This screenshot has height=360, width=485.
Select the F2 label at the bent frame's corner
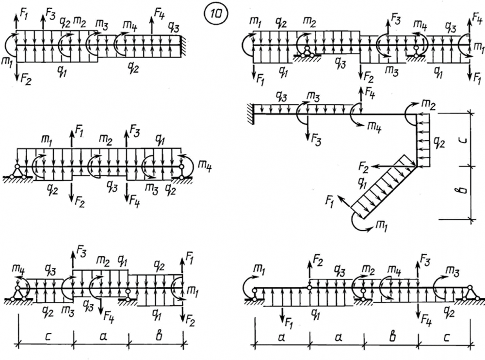(364, 167)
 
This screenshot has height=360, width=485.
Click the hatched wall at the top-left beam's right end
(184, 46)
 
